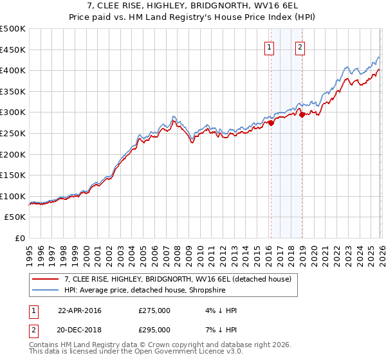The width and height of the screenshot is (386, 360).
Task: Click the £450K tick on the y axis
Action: click(13, 50)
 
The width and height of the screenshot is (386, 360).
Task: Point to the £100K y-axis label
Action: click(13, 196)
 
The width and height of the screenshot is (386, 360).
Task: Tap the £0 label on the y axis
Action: click(20, 238)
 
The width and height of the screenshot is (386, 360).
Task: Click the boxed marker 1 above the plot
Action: click(269, 46)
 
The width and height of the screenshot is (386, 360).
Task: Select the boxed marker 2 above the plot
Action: click(300, 46)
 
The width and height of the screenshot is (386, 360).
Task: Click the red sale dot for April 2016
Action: click(271, 123)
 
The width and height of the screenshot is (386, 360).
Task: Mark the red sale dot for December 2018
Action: click(302, 114)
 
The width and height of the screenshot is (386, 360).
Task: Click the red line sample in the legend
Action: click(46, 279)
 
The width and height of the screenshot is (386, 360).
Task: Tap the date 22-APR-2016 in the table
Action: click(80, 310)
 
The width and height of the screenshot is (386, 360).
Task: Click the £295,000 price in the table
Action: click(154, 329)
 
